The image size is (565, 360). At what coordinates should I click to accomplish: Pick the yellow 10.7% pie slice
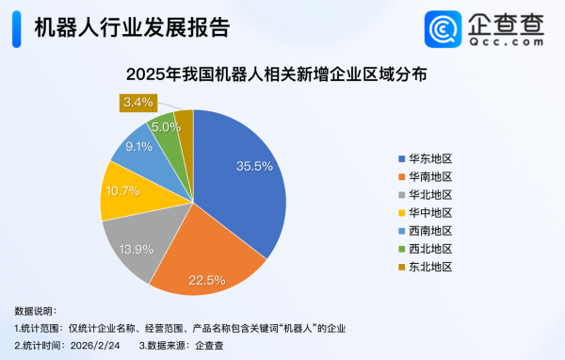pyautogui.click(x=122, y=190)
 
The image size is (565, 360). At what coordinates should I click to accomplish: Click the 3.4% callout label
pyautogui.click(x=137, y=103)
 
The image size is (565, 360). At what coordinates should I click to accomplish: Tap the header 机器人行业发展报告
pyautogui.click(x=131, y=27)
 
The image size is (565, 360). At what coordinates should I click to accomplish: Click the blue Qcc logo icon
pyautogui.click(x=441, y=28)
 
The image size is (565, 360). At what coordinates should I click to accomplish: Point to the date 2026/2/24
pyautogui.click(x=95, y=345)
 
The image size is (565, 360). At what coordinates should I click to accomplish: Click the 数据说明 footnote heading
pyautogui.click(x=36, y=310)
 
